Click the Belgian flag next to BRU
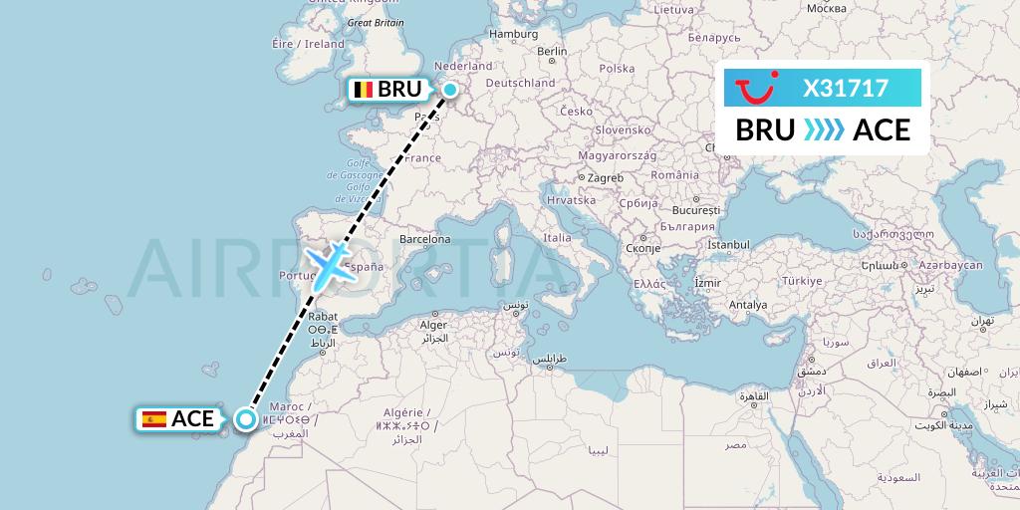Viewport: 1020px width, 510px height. (364, 91)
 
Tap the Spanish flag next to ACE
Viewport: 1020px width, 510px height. (154, 419)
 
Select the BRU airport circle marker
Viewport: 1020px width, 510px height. (450, 91)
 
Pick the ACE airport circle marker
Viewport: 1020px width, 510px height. (244, 419)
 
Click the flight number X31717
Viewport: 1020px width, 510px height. (846, 88)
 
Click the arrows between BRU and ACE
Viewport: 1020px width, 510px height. (824, 130)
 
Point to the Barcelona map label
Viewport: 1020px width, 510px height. (424, 239)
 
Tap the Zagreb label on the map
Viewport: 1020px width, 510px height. (605, 177)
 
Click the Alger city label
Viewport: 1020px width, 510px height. (433, 325)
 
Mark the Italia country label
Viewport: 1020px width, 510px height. (557, 238)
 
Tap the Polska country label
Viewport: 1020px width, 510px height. (617, 69)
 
